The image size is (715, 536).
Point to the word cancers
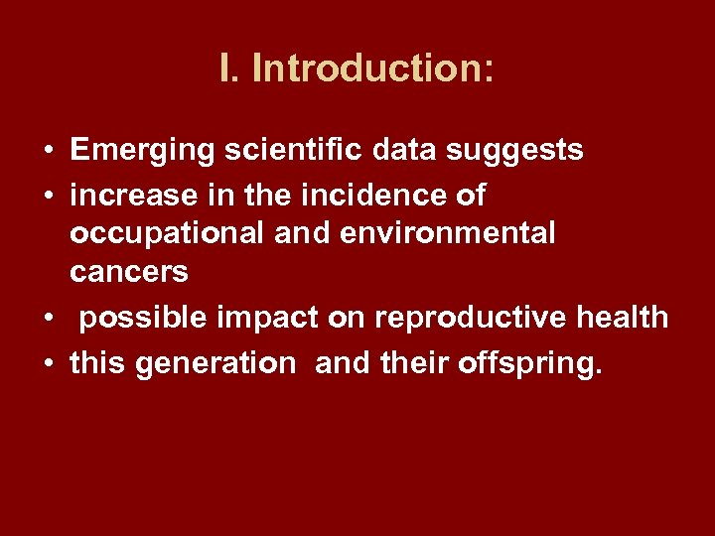click(x=129, y=271)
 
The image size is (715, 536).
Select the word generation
click(x=214, y=363)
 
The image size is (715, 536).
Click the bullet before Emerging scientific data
click(x=48, y=152)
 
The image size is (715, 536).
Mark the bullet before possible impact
click(x=48, y=319)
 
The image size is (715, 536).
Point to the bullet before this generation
click(x=48, y=364)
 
